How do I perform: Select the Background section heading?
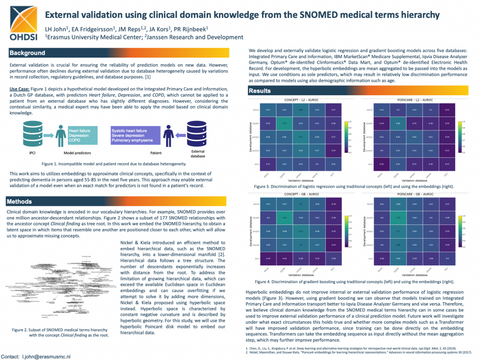pyautogui.click(x=28, y=53)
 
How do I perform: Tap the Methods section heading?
pyautogui.click(x=25, y=202)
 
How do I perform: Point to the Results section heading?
pyautogui.click(x=260, y=90)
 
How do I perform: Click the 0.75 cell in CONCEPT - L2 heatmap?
pyautogui.click(x=284, y=124)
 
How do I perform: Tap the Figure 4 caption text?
pyautogui.click(x=354, y=282)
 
